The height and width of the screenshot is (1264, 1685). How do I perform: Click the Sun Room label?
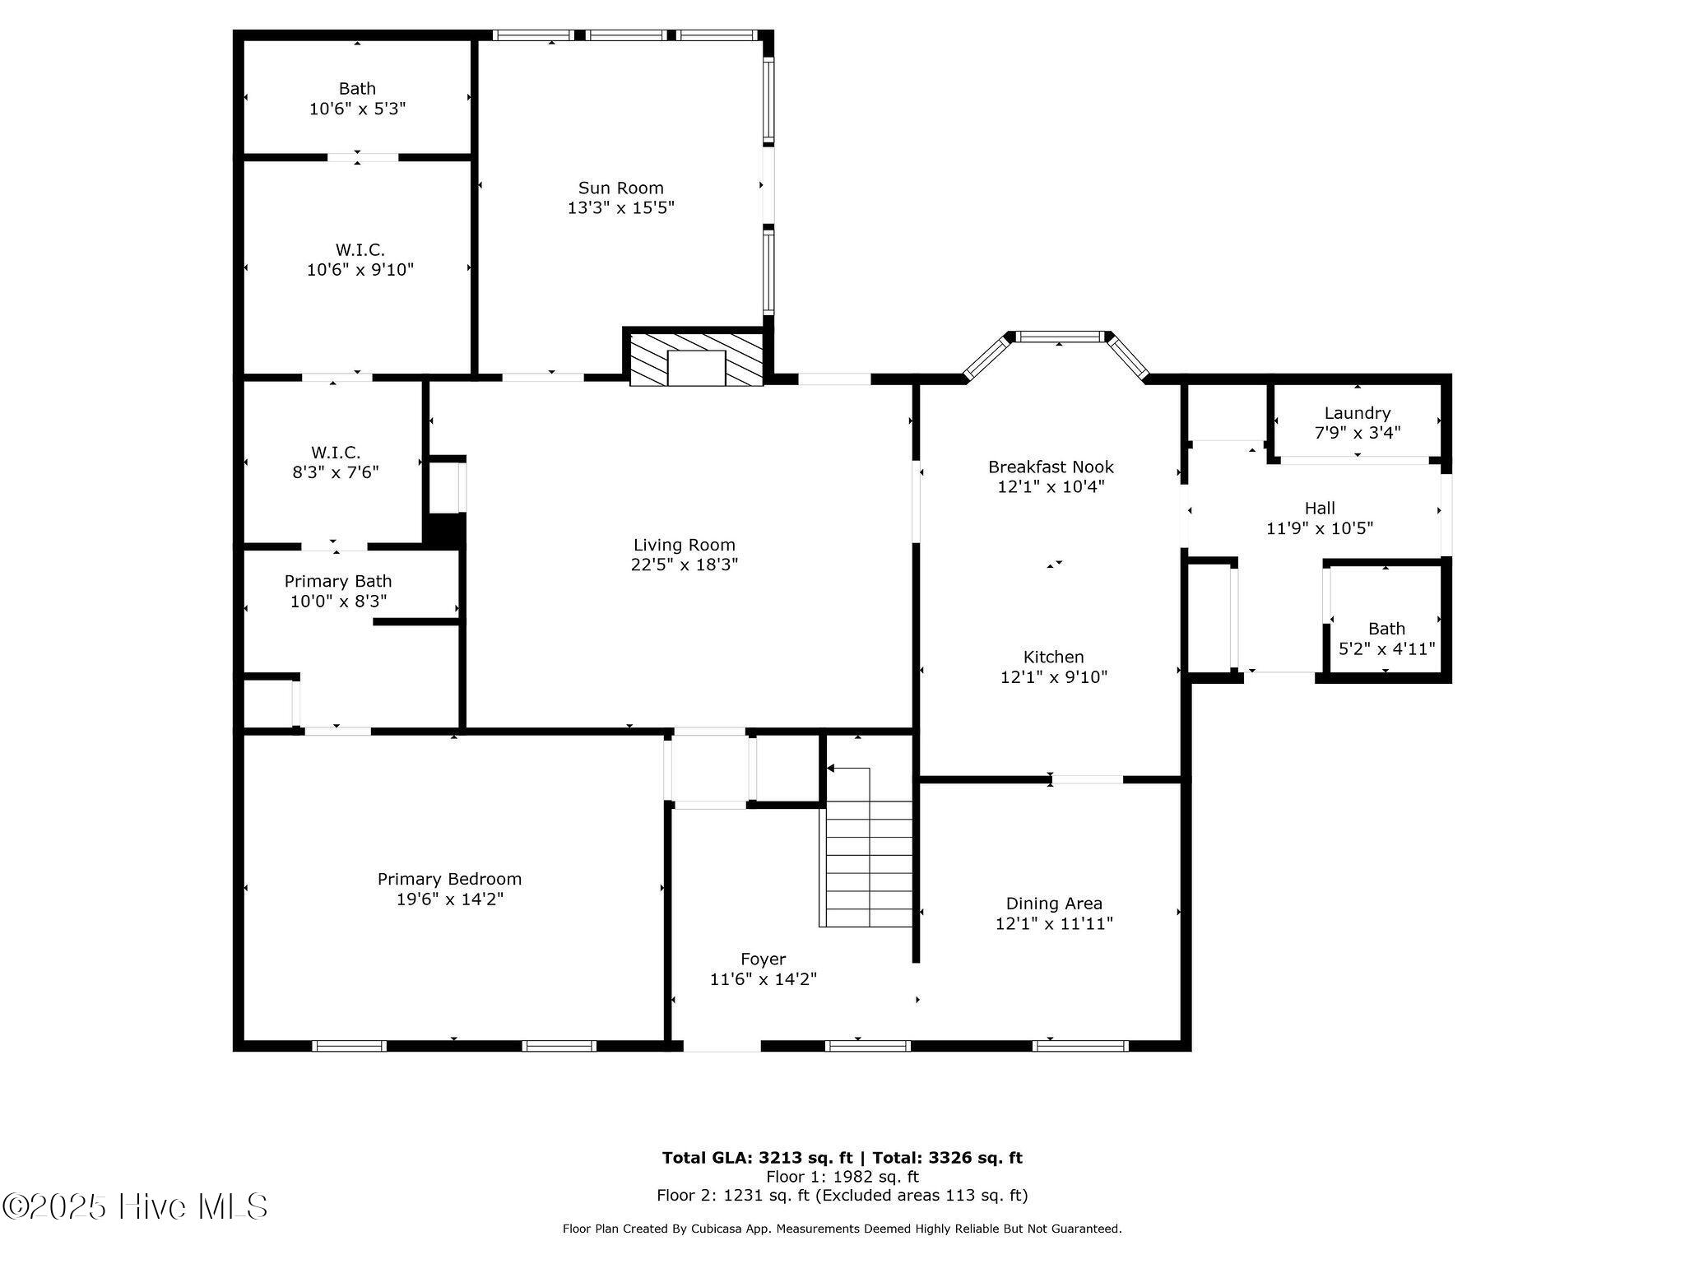(x=620, y=188)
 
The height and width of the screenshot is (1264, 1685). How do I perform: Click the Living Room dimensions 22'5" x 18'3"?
(x=684, y=565)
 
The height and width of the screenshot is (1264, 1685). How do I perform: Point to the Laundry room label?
(x=1357, y=413)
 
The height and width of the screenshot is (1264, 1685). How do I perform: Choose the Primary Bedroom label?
(x=449, y=879)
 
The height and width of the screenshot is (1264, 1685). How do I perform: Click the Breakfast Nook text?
(x=1051, y=467)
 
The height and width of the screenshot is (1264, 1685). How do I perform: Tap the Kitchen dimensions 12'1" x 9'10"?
(x=1053, y=677)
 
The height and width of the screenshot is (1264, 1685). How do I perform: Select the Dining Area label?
(x=1054, y=903)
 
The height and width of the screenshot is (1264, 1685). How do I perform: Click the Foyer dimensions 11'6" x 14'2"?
(x=763, y=979)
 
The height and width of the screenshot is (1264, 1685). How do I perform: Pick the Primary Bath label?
(x=338, y=581)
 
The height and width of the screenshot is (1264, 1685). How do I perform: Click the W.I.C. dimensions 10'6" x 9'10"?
(x=360, y=269)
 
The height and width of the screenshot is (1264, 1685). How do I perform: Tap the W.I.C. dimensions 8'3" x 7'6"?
(x=335, y=472)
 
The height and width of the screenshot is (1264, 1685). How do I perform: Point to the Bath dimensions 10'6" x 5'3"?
(x=357, y=109)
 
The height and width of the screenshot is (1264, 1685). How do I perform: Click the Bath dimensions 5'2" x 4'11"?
(x=1386, y=648)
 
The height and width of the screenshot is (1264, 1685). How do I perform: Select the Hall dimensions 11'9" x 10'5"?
(x=1319, y=528)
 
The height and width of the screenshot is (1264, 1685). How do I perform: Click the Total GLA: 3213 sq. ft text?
(x=757, y=1158)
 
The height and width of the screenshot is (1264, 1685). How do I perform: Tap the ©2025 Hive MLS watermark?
(x=135, y=1207)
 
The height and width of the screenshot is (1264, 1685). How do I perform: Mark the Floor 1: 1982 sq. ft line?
(x=842, y=1177)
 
